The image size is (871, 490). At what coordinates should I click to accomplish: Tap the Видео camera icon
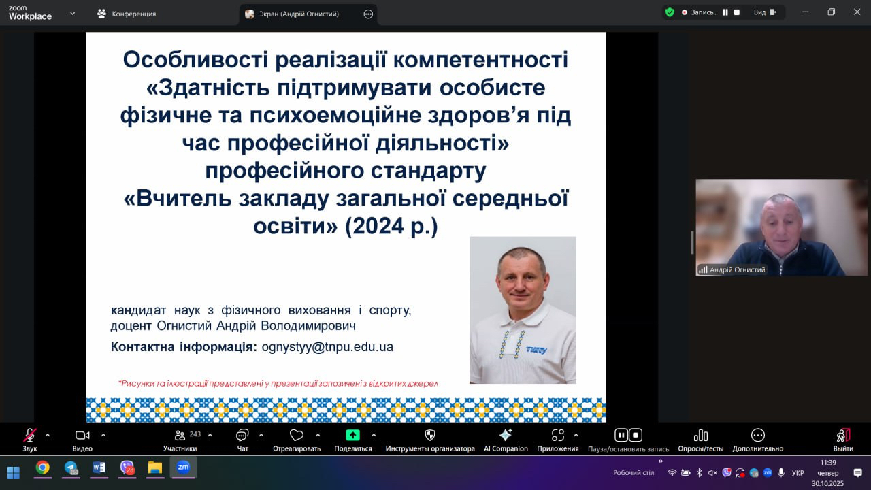[82, 436]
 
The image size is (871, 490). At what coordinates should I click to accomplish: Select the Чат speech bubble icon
[242, 436]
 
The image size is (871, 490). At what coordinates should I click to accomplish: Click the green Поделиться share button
[352, 435]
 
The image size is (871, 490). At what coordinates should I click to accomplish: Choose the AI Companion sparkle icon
[506, 435]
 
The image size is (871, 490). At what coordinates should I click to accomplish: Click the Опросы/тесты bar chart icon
[701, 435]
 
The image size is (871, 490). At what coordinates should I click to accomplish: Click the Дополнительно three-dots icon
[758, 435]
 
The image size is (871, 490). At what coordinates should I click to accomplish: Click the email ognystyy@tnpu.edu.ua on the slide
[327, 347]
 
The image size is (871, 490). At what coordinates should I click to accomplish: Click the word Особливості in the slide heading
[195, 59]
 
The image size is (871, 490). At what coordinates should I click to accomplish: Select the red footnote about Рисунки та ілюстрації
[278, 383]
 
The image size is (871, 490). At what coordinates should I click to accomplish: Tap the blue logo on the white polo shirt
[536, 350]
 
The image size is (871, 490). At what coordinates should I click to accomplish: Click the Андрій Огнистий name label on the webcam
[737, 269]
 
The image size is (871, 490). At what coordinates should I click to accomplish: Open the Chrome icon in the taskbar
[43, 468]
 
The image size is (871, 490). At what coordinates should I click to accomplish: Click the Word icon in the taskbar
[99, 468]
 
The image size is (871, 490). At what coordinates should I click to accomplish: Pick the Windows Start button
[13, 472]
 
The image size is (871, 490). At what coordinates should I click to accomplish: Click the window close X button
[857, 12]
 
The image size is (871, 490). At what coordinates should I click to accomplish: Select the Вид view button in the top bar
[765, 12]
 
